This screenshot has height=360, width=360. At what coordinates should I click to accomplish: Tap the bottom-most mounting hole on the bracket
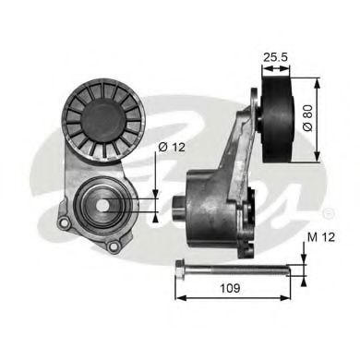coord(114,246)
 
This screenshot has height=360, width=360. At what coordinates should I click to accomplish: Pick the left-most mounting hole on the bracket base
coord(64,222)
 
